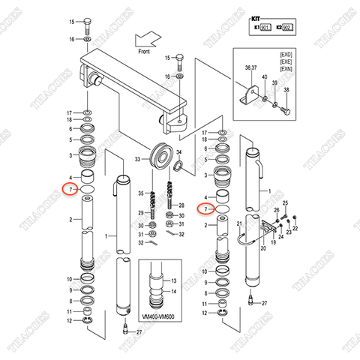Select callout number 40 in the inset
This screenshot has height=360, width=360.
coord(262,78)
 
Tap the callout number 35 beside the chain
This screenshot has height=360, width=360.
coord(139,193)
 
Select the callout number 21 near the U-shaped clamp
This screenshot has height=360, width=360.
coord(238,224)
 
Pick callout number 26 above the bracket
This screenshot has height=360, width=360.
coord(276,211)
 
